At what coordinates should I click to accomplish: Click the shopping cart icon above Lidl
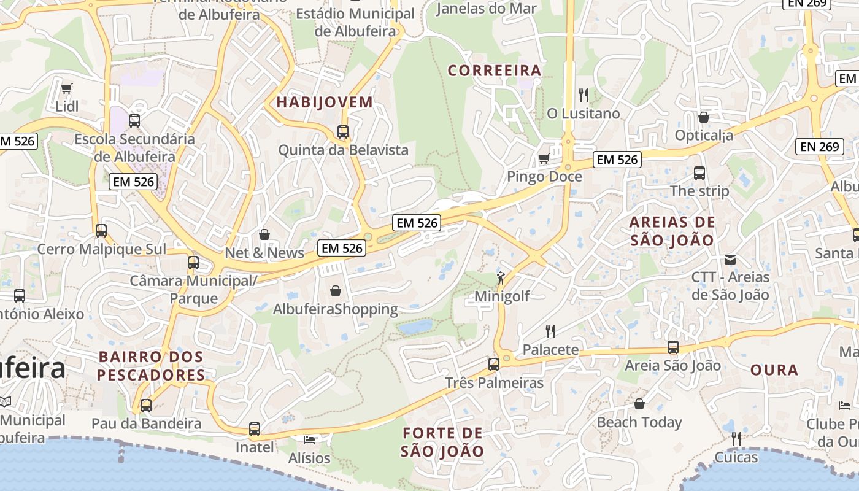pos(67,88)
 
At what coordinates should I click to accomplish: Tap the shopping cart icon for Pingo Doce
pos(543,160)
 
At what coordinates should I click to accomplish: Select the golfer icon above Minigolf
pos(502,278)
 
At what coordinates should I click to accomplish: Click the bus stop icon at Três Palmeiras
pos(494,365)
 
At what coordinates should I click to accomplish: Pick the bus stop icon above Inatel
pos(255,429)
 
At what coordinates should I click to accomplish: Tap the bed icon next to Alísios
pos(309,439)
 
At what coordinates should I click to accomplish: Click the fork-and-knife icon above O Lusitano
pos(583,95)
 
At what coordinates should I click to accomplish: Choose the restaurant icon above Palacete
pos(550,331)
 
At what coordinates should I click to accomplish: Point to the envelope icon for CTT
pos(730,259)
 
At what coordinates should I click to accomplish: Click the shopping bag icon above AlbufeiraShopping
pos(336,290)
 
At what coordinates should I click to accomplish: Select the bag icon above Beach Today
pos(639,404)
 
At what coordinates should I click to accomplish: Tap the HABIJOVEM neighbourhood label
pos(325,102)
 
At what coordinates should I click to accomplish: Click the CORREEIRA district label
pos(495,71)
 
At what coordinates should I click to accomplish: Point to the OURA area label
pos(774,370)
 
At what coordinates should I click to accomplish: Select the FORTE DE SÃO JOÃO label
pos(442,442)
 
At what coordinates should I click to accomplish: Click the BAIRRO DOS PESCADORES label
pos(151,366)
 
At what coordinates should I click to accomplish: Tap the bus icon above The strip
pos(699,173)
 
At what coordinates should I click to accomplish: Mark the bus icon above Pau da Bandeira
pos(146,405)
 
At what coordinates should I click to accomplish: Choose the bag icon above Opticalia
pos(704,117)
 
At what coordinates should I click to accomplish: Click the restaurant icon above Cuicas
pos(736,439)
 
